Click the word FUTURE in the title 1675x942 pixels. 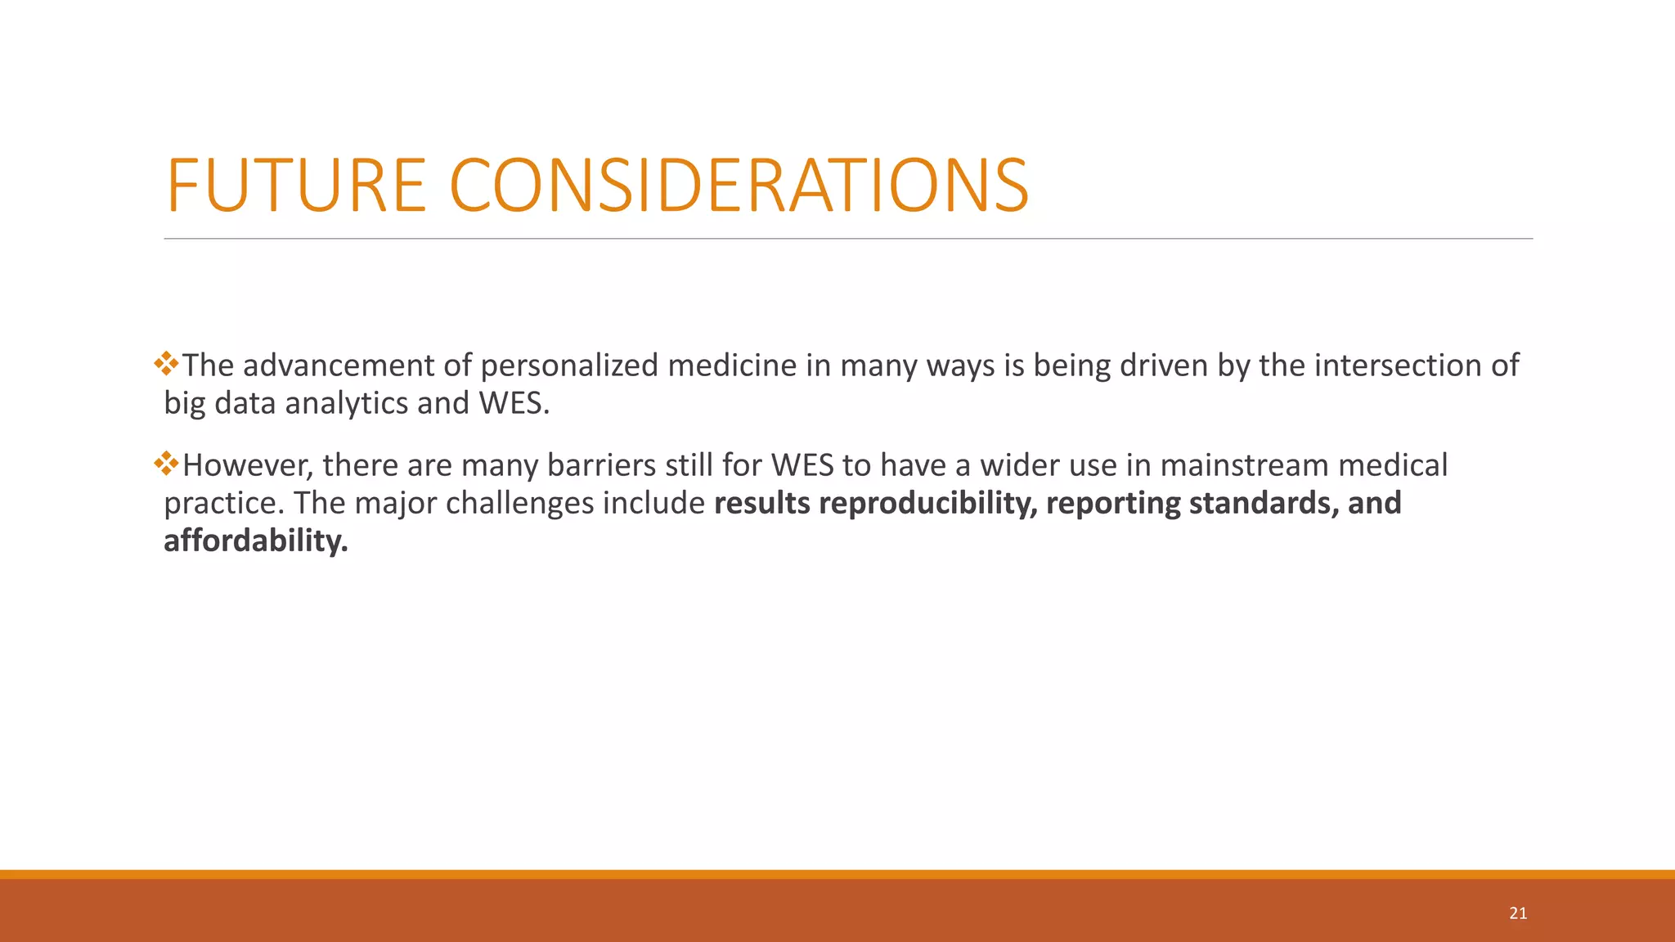(296, 186)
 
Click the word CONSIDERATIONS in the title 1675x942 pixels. (739, 186)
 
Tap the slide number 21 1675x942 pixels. (1518, 913)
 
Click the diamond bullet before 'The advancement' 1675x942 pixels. (166, 363)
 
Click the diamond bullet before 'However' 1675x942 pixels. (166, 464)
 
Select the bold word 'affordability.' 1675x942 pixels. (256, 541)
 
